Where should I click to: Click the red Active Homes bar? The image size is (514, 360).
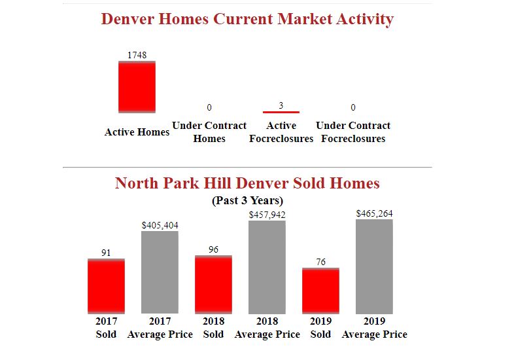coord(137,86)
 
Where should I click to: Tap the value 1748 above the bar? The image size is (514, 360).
coord(137,55)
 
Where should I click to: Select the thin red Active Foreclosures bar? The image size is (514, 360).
coord(281,112)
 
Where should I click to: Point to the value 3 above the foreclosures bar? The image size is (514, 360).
coord(281,105)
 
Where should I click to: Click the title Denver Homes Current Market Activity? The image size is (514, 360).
coord(247,19)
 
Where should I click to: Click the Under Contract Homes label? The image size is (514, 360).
coord(209,132)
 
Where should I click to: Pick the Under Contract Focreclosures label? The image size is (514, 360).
coord(353,132)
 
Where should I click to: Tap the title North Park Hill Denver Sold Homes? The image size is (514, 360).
coord(247,183)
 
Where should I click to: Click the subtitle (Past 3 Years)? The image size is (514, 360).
coord(247,200)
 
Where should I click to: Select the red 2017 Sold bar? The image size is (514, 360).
coord(106,286)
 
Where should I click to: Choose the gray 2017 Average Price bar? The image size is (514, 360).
coord(160,272)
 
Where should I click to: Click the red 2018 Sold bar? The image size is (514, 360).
coord(213,284)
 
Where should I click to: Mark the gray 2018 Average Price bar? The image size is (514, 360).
coord(267,267)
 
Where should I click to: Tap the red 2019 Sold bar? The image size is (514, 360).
coord(320,291)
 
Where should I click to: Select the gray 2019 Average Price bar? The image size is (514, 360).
coord(374,266)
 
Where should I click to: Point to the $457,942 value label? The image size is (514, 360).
coord(267,215)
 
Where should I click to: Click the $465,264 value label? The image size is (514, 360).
coord(374,213)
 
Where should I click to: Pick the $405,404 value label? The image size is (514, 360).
coord(160,225)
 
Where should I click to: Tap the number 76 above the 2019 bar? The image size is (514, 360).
coord(320,262)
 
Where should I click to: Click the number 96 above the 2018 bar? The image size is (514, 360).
coord(213,249)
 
